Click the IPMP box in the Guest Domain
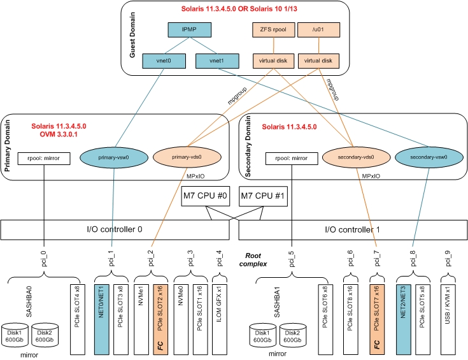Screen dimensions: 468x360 190,29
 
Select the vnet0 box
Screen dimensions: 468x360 164,61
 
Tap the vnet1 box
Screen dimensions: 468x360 217,61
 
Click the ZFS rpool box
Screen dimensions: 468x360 273,29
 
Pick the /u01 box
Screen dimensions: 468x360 318,29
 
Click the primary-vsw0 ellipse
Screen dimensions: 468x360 114,157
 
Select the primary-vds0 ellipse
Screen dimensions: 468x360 187,157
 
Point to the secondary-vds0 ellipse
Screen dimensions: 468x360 357,157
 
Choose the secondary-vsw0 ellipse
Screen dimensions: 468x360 429,157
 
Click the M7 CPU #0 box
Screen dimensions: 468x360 206,196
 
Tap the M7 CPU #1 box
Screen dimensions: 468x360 263,196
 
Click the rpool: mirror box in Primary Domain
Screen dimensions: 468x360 44,159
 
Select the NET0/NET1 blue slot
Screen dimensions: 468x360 101,319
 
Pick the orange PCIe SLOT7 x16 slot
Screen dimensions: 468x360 377,319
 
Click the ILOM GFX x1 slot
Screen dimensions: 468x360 220,319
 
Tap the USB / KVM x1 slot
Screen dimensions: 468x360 448,319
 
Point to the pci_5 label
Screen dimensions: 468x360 292,259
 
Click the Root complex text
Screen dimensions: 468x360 253,259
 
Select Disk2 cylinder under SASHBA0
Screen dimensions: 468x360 45,335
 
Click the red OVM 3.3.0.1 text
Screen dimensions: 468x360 59,134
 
